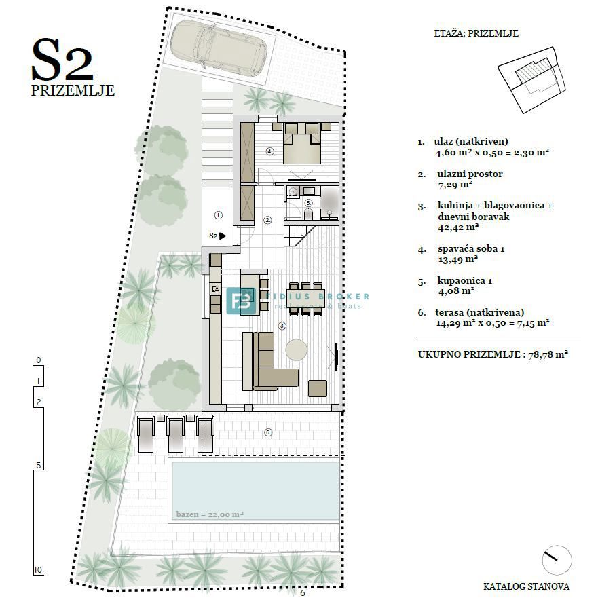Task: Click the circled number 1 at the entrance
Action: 218,214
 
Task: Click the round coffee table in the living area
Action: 297,350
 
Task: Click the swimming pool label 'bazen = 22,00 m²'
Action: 209,514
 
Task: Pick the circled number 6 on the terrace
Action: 268,432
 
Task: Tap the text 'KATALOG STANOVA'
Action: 526,586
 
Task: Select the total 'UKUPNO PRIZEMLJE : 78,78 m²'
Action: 493,354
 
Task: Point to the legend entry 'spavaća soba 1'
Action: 470,249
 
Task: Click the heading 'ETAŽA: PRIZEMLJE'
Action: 476,33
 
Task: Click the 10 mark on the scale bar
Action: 39,569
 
